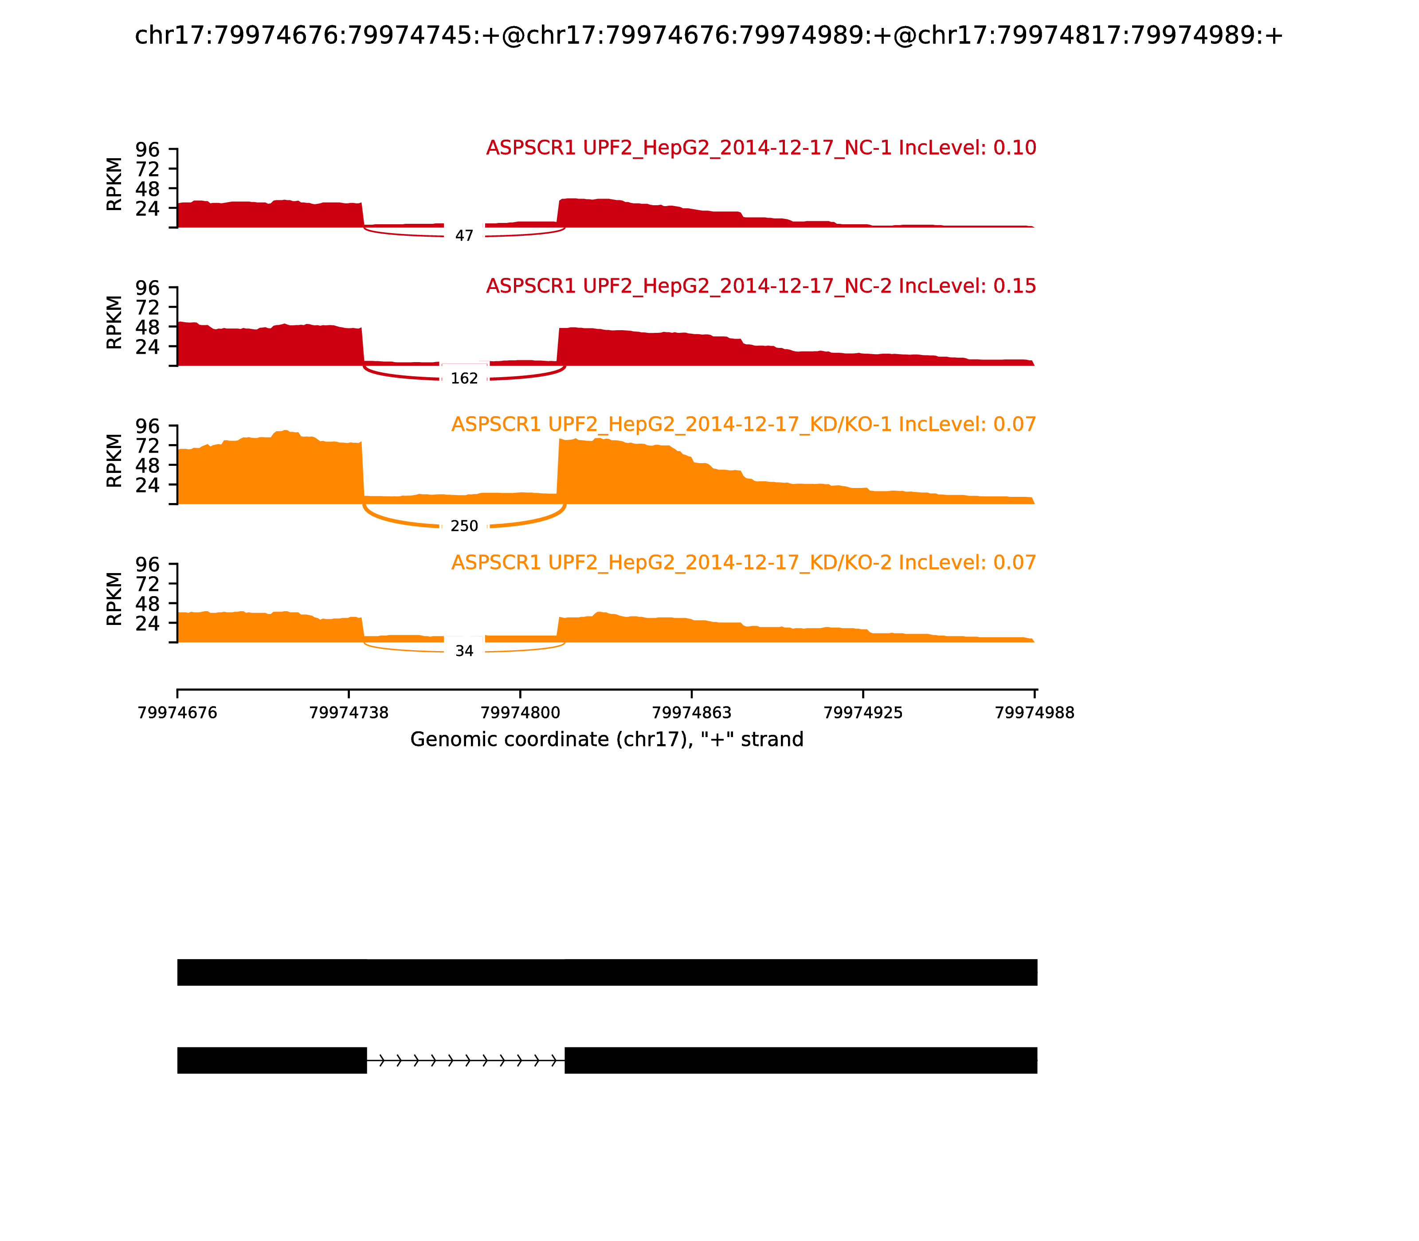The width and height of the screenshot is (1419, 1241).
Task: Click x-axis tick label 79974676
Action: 177,713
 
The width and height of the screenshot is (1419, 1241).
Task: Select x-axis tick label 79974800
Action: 520,713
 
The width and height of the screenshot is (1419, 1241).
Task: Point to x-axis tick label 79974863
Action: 691,713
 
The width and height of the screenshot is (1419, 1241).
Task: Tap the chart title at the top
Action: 708,35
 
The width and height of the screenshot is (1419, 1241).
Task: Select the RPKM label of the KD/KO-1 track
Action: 114,460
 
